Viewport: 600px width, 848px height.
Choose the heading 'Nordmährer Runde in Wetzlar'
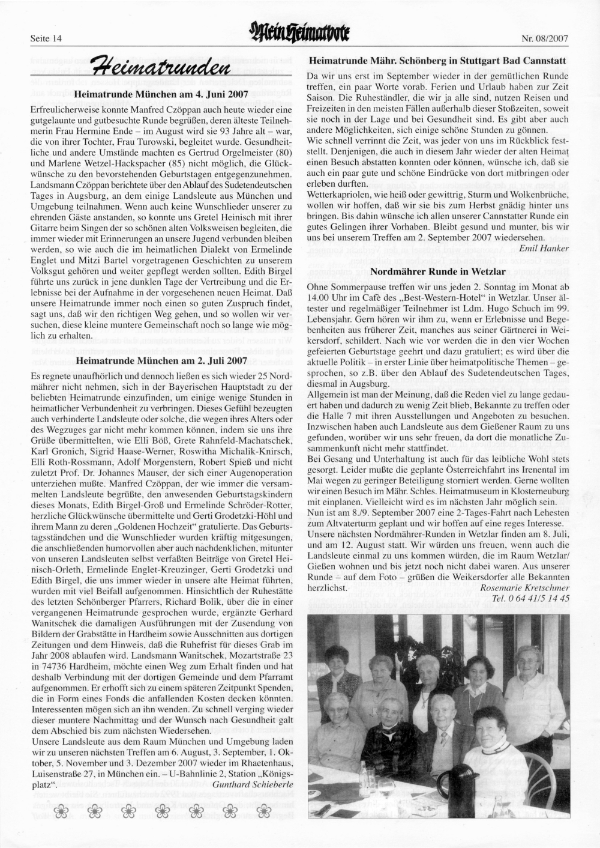tap(436, 271)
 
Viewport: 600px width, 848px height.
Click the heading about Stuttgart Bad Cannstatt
tap(437, 61)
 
